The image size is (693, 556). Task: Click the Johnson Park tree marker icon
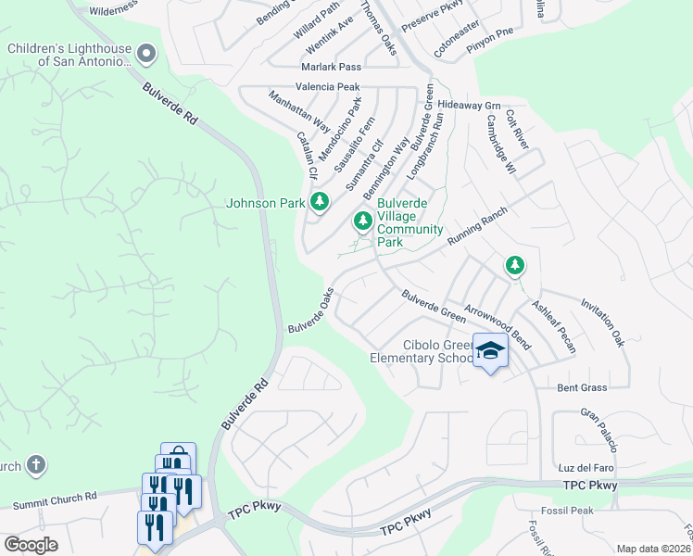[320, 201]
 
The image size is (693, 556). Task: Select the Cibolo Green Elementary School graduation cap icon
[490, 351]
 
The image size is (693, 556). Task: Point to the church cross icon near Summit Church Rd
[35, 465]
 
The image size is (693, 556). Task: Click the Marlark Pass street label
[330, 68]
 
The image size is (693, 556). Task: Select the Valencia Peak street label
[327, 86]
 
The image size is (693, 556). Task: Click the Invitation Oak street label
[602, 322]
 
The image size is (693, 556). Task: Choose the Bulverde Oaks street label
[310, 316]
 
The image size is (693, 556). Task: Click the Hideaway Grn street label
[469, 105]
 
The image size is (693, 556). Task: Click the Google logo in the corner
[31, 545]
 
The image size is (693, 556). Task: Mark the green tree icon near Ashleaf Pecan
[514, 266]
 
